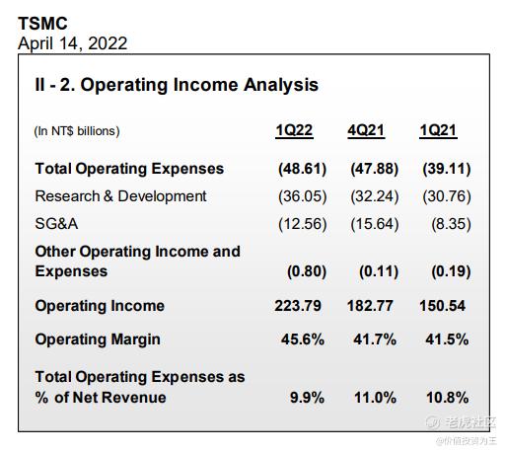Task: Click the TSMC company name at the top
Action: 42,24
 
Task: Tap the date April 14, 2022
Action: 73,43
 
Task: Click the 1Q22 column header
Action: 294,130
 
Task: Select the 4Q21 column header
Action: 366,130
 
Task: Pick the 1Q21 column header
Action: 438,130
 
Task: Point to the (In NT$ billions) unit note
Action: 77,131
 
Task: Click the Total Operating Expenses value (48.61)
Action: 303,169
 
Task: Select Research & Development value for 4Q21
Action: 375,196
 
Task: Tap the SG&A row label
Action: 56,224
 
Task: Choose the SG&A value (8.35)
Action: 451,224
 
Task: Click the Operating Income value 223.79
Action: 298,306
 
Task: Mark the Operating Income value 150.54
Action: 443,306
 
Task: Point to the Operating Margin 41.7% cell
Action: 375,339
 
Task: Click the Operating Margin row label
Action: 98,339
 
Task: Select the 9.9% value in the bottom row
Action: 307,398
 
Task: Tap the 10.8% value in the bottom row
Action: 448,398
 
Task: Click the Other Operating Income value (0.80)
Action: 307,272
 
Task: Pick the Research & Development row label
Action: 120,196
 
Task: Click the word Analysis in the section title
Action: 281,85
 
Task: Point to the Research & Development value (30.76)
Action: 447,196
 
